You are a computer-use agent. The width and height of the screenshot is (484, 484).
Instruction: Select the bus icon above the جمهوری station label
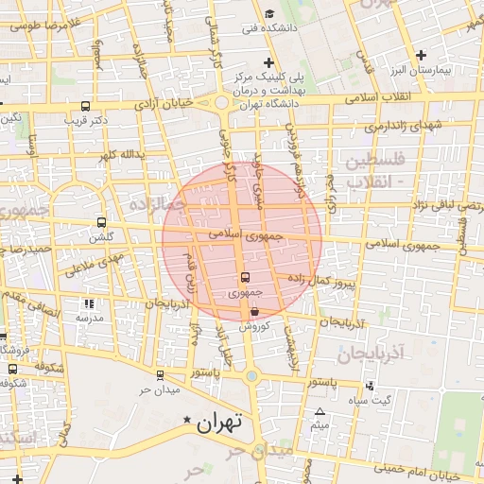[245, 278]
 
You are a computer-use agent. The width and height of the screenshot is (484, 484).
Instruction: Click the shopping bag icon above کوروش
[255, 310]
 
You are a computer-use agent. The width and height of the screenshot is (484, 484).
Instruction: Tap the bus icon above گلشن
[101, 223]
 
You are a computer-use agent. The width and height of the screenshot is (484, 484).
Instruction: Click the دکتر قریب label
[86, 120]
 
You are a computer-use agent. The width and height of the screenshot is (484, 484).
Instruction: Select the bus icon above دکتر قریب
[86, 107]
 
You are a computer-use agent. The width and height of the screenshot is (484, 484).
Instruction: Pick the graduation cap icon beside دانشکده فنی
[269, 13]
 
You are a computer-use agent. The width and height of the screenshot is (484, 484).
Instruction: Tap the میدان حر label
[159, 389]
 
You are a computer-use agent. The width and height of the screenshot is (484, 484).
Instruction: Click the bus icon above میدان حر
[159, 374]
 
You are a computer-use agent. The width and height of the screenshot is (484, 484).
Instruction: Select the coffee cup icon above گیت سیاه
[369, 385]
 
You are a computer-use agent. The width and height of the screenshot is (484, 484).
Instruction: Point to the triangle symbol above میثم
[320, 411]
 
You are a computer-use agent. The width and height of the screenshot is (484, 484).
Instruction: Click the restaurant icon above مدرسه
[89, 304]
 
